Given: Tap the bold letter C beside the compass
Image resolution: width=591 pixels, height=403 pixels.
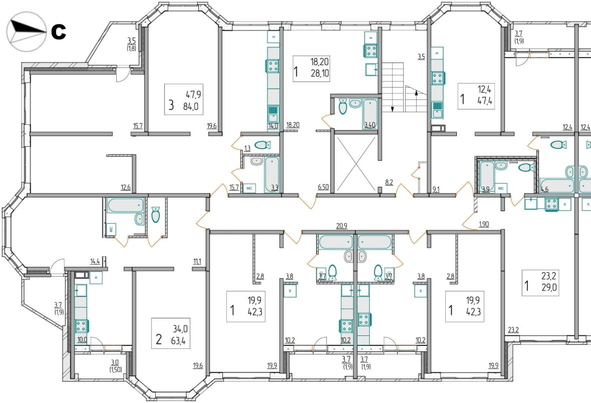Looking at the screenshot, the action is (59, 32).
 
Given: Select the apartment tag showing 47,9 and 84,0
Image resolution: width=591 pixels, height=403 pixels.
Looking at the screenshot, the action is (184, 100).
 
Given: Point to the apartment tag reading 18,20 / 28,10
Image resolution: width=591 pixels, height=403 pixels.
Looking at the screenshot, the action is (312, 69).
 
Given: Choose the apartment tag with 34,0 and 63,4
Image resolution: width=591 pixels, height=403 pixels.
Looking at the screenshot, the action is (171, 333).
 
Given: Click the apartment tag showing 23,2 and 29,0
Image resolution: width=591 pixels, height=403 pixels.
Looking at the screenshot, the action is (540, 283).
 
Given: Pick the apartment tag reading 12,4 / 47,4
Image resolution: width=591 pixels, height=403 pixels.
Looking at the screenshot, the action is (476, 96).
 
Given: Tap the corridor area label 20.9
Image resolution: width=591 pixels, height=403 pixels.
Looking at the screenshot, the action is (342, 226).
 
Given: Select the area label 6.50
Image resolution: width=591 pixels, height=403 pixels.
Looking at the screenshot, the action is (324, 187).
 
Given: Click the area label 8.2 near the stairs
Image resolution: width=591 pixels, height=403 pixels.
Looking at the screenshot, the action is (389, 182).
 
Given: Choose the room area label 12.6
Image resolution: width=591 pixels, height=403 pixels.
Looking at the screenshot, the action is (126, 187).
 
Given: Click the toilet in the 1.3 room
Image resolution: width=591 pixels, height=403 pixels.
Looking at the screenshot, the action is (263, 145).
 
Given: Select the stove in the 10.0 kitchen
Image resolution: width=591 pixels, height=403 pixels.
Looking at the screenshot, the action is (82, 326).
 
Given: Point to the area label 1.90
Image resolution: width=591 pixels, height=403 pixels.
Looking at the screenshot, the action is (484, 224).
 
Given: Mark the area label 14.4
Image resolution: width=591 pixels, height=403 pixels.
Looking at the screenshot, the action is (95, 261).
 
